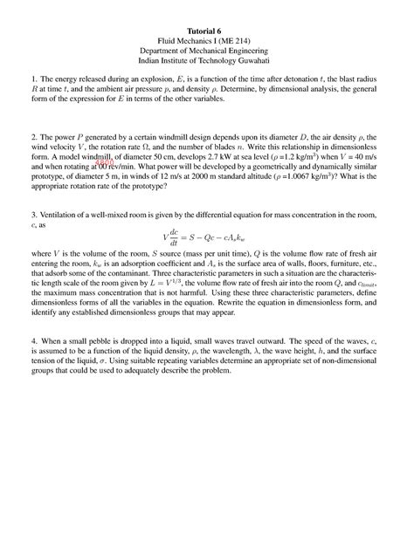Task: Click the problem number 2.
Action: (32, 138)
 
